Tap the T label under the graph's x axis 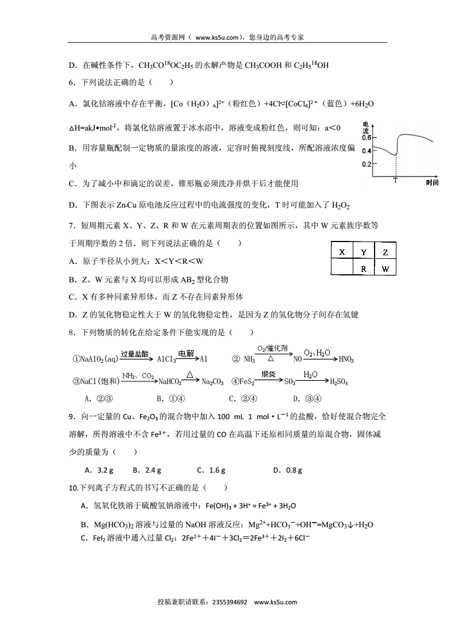tap(395, 181)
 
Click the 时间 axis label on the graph tap(433, 182)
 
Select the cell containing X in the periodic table tap(341, 252)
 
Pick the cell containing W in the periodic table tap(385, 269)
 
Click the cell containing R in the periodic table tap(363, 269)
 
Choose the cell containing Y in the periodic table tap(363, 252)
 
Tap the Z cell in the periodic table tap(385, 252)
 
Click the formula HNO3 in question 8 tap(346, 359)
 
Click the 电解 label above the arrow tap(186, 353)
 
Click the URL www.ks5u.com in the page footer tap(275, 602)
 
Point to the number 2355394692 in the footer tap(229, 602)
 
